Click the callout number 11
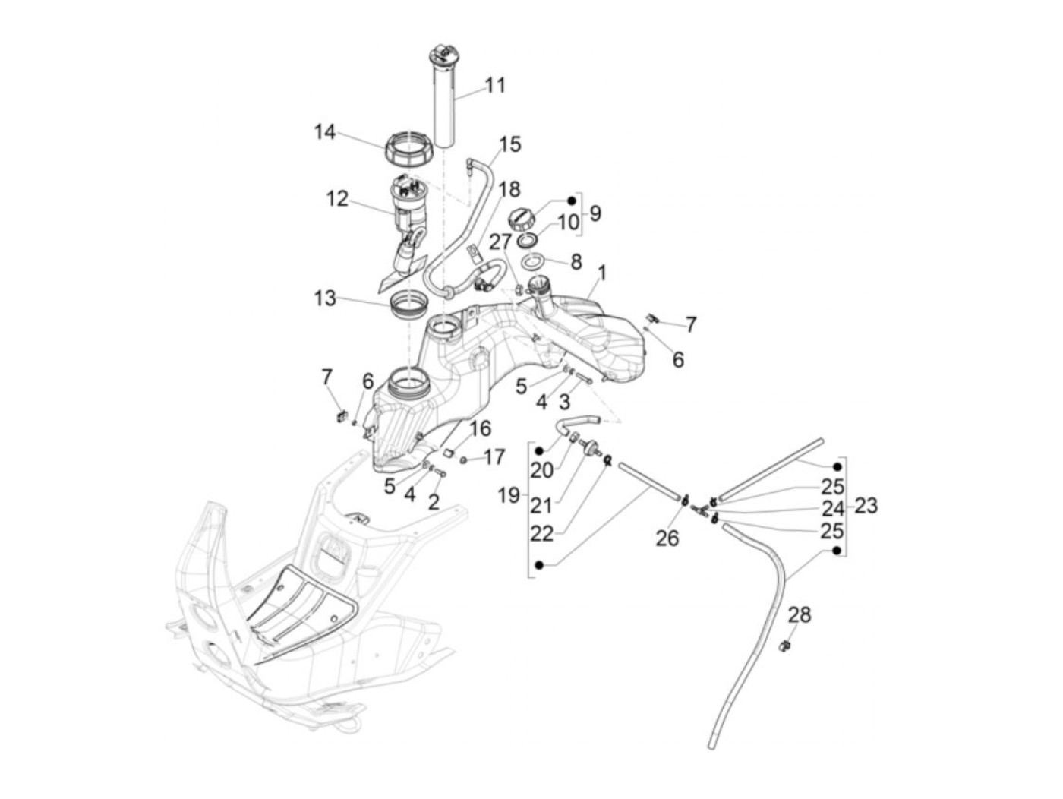tap(495, 85)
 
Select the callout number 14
tap(325, 132)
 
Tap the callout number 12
tap(336, 199)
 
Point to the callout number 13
tap(325, 298)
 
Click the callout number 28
tap(799, 614)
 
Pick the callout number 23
tap(866, 505)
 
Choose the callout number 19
tap(509, 496)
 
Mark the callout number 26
tap(667, 538)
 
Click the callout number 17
tap(494, 457)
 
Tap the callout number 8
tap(576, 262)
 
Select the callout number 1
tap(602, 272)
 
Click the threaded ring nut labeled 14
tap(410, 147)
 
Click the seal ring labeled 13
tap(408, 307)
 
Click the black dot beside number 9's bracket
tap(571, 201)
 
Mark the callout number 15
tap(510, 144)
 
